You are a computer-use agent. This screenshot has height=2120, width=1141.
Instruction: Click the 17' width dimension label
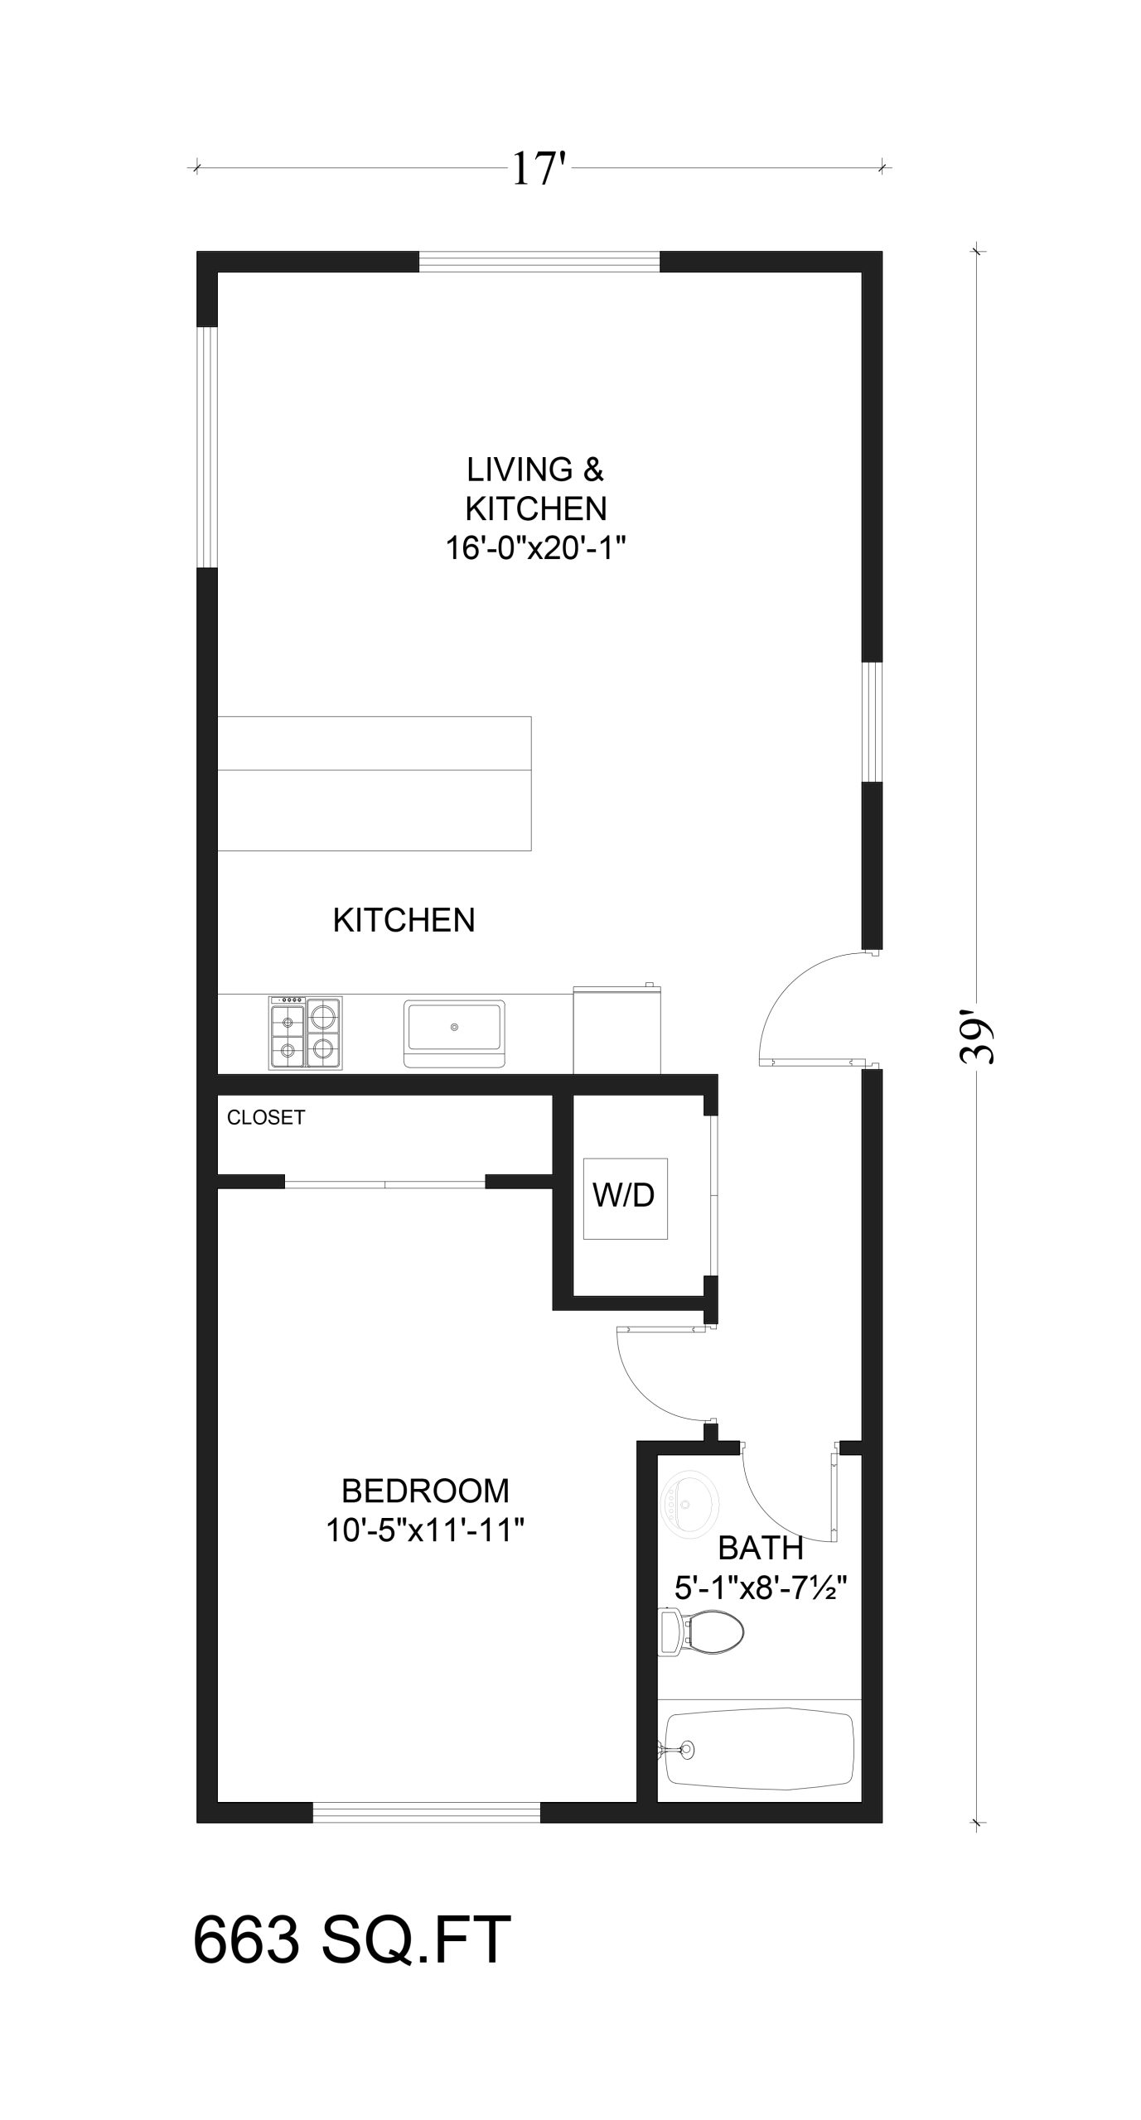tap(539, 168)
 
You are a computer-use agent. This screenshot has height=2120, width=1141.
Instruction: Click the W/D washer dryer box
tap(625, 1198)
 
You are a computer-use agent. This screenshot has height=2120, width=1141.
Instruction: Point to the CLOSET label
tap(266, 1118)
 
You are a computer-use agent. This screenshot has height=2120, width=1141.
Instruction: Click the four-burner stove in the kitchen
tap(305, 1032)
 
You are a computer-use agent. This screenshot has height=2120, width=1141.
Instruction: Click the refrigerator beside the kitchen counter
tap(617, 1029)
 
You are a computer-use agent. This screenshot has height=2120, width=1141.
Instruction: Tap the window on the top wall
tap(539, 262)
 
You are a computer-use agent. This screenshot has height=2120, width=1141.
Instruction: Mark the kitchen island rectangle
tap(374, 783)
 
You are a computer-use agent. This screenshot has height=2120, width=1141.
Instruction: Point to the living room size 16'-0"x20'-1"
tap(535, 547)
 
